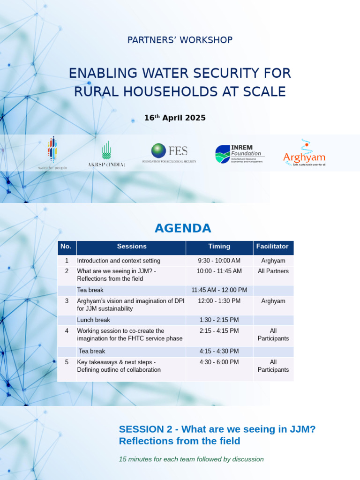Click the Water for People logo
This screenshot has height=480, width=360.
coord(52,153)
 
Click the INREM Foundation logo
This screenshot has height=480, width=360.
coord(240,154)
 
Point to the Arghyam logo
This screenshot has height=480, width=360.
coord(304,153)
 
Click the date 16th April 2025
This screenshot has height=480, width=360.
coord(174,118)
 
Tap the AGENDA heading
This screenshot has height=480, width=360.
coord(183,228)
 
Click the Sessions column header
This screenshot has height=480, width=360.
coord(132,247)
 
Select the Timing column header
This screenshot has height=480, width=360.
coord(219,247)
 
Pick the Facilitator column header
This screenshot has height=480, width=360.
coord(273,247)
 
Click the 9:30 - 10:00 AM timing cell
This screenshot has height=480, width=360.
coord(219,261)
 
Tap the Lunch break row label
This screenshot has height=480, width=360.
coord(93,320)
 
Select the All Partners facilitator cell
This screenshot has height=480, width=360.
coord(273,271)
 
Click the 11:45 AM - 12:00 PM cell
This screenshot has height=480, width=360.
coord(219,290)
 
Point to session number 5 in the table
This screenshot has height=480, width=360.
coord(67,362)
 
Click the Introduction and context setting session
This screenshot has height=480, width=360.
coord(119,261)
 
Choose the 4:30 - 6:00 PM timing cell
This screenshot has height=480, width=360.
coord(219,362)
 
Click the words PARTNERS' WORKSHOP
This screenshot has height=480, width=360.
coord(180,40)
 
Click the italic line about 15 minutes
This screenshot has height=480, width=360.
coord(191,459)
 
